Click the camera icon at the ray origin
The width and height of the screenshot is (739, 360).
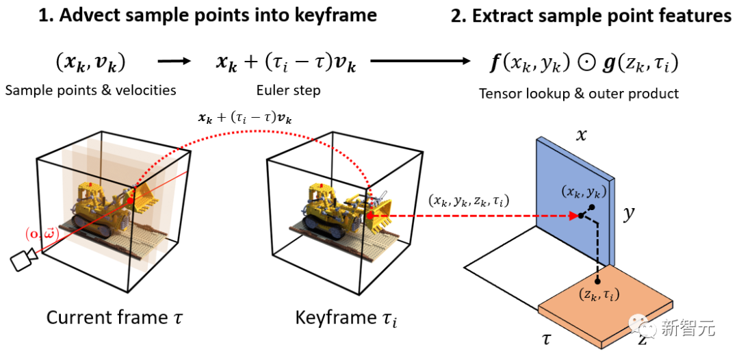(23, 259)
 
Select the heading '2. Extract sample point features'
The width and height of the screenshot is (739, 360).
(591, 15)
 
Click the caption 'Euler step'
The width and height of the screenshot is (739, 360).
(289, 90)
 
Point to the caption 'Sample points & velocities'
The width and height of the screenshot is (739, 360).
(91, 90)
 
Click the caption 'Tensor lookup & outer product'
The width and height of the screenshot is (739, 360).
(579, 93)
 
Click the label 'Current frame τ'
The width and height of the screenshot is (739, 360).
(114, 318)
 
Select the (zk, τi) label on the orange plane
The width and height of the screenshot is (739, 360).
(598, 296)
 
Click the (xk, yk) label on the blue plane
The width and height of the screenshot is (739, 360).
(584, 192)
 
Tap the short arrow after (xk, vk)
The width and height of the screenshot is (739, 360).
(173, 62)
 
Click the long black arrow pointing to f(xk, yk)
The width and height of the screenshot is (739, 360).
(421, 62)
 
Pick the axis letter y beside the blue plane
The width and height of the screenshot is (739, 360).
(627, 215)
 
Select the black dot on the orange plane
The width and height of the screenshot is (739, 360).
(597, 282)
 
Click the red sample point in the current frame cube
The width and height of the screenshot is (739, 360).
(131, 200)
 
